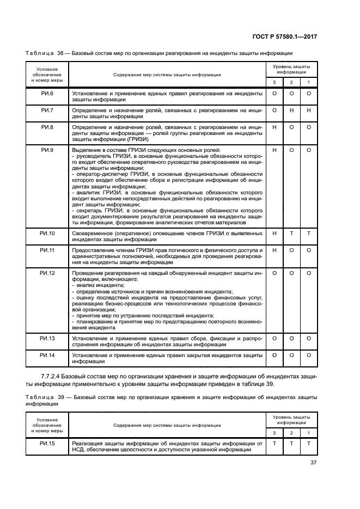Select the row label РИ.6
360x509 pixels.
click(x=48, y=94)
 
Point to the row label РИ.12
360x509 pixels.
click(x=48, y=273)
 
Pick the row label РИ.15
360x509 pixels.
click(x=48, y=444)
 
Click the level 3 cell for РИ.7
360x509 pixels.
click(x=274, y=111)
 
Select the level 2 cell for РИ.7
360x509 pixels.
click(x=292, y=111)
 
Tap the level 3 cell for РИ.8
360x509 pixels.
click(x=274, y=127)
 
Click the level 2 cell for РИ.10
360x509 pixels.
click(x=292, y=233)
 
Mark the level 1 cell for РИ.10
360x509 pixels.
click(x=309, y=233)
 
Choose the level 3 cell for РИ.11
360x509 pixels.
click(x=274, y=250)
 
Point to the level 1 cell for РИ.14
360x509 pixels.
click(x=309, y=355)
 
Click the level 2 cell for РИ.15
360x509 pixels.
click(x=292, y=444)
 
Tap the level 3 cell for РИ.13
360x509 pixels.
click(x=274, y=339)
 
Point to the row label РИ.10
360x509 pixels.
click(x=48, y=233)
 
